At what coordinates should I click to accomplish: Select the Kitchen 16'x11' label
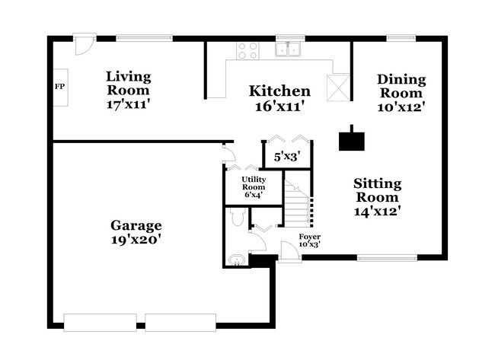pos(280,98)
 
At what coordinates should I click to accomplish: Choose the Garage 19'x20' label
pos(136,232)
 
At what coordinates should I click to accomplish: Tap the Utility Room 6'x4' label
pos(253,186)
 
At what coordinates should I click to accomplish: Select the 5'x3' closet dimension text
pos(286,156)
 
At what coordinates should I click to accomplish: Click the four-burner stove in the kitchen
pos(247,50)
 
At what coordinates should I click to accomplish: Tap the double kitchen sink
pos(289,50)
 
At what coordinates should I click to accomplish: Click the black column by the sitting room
pos(352,139)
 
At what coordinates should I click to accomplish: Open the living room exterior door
pos(85,43)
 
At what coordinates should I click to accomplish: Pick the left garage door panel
pos(101,323)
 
